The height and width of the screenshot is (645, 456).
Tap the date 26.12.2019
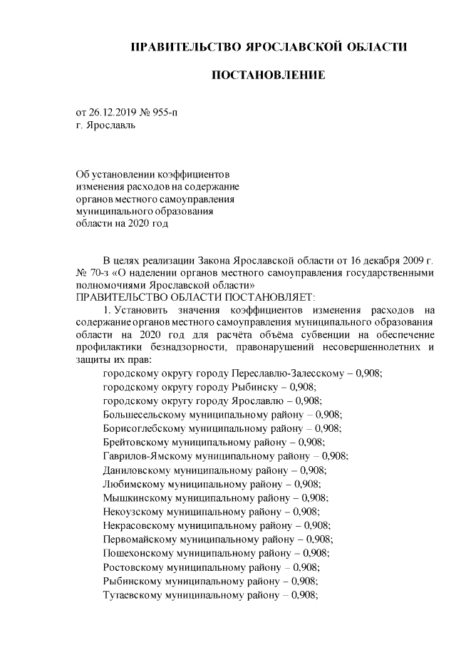[x=111, y=113]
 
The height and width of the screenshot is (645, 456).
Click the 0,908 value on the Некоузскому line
[x=307, y=510]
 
